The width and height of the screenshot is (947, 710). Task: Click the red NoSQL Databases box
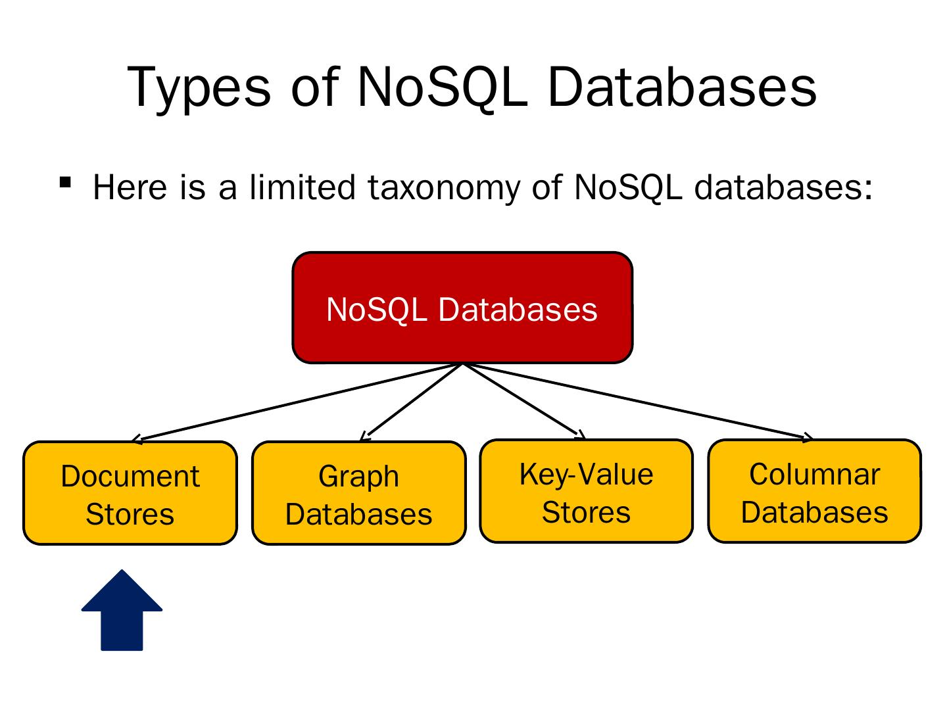pos(462,308)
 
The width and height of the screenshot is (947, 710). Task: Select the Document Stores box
pos(130,493)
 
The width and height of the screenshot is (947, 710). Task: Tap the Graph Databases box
pos(358,493)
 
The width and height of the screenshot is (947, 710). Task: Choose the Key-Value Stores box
pos(586,491)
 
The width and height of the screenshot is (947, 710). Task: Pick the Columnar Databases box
pos(814,491)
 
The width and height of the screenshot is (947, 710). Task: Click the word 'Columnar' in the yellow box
pos(814,474)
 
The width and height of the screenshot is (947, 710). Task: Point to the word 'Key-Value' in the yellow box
pos(586,474)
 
